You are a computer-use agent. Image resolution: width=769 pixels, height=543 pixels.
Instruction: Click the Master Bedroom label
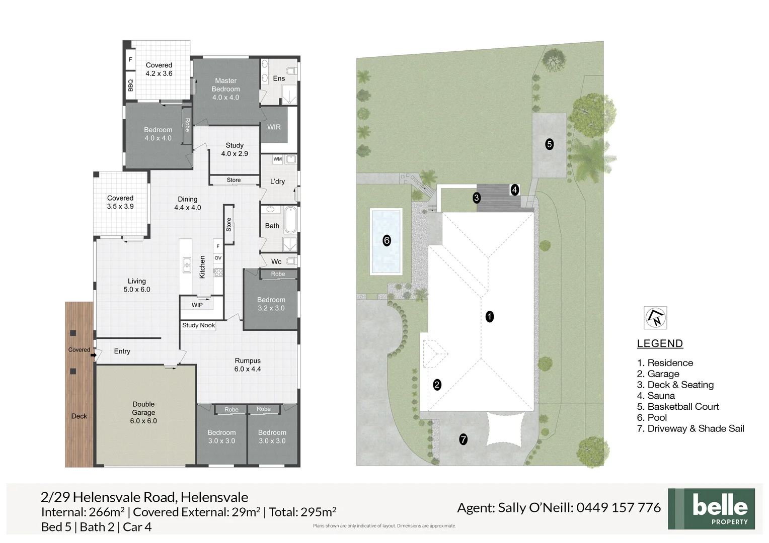pos(225,89)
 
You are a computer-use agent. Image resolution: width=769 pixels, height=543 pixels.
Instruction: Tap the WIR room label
pos(274,127)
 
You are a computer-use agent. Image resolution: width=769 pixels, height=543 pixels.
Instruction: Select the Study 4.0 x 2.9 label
pos(235,149)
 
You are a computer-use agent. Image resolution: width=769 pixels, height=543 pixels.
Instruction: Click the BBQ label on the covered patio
pos(130,85)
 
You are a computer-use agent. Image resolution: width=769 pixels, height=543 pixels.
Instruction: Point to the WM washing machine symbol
pos(277,159)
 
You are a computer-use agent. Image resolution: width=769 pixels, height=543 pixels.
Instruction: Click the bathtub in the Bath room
pos(290,220)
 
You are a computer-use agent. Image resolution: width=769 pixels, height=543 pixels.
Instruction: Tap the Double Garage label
pos(143,412)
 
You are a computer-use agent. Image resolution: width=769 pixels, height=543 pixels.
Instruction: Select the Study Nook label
pos(198,325)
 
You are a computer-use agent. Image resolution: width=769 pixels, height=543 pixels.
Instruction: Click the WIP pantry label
pos(197,305)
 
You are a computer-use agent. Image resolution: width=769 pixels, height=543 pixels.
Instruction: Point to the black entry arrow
pos(94,355)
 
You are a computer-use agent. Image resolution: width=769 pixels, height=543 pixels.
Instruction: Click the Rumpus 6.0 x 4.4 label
pos(248,365)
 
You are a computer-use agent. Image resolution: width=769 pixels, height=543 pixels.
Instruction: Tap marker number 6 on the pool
pos(387,240)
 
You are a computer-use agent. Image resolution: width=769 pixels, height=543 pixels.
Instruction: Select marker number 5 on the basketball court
pos(549,144)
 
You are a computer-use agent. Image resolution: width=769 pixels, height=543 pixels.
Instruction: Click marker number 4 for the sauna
pos(514,190)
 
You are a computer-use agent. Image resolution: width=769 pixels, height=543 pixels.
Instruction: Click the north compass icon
pos(655,318)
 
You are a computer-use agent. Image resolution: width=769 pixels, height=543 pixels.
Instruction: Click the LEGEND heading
pos(660,343)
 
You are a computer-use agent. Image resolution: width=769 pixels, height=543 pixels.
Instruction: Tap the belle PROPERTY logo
pos(711,508)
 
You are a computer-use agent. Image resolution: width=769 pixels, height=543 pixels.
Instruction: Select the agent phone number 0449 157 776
pos(618,508)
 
